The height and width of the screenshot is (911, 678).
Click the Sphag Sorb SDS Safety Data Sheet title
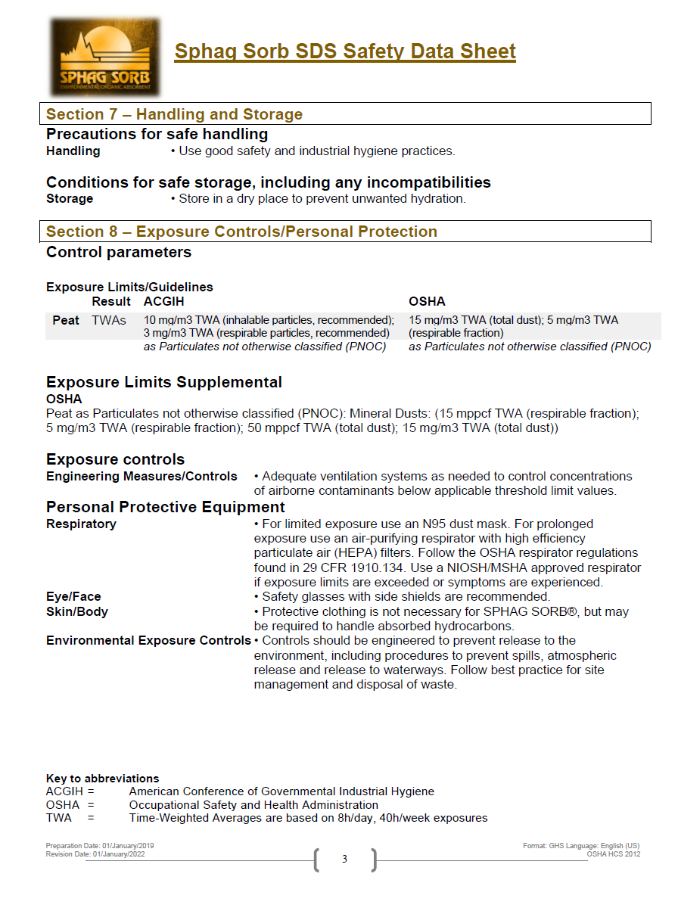coord(345,51)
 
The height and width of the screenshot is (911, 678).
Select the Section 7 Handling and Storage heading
coord(174,114)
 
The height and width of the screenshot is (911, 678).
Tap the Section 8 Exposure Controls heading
coord(241,232)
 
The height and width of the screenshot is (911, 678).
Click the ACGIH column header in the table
coord(164,301)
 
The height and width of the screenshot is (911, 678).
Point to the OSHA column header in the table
coord(427,301)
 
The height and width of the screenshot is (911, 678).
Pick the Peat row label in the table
coord(66,320)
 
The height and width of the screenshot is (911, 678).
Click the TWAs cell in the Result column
coord(109,320)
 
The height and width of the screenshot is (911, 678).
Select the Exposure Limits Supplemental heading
coord(164,382)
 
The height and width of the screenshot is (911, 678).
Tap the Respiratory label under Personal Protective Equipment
coord(81,524)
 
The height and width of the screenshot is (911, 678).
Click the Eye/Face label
coord(73,596)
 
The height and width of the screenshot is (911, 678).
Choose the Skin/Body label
coord(77,611)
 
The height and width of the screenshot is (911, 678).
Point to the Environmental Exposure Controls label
coord(148,640)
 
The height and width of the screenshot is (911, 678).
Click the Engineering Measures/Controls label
coord(142,476)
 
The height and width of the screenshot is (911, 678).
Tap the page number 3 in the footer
coord(344,859)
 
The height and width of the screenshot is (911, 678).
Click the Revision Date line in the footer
coord(95,853)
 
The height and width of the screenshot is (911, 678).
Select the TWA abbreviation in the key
coord(59,818)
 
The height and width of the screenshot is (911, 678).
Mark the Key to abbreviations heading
coord(102,778)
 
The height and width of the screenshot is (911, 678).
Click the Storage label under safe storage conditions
coord(70,198)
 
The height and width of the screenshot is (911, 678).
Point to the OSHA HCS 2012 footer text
coord(613,853)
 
